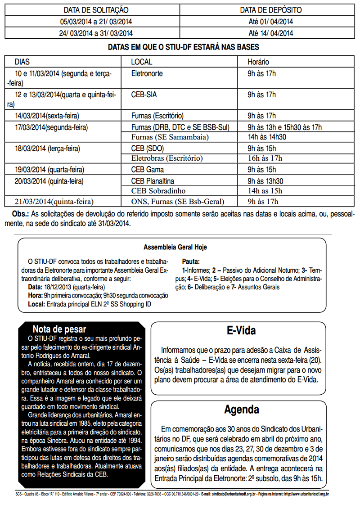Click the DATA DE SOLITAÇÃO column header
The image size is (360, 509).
[x=96, y=10]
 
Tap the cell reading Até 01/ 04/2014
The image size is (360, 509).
[x=271, y=22]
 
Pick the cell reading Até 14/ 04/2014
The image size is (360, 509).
[x=271, y=33]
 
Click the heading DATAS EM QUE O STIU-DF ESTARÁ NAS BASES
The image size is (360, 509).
[x=184, y=47]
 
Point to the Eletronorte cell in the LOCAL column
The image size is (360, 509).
[x=147, y=73]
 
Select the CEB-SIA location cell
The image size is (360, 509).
[x=144, y=95]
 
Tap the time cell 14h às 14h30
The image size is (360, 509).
[x=267, y=137]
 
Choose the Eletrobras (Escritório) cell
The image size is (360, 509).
[x=167, y=158]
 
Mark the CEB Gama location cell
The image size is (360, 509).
[x=148, y=170]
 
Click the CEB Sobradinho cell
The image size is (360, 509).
[x=158, y=191]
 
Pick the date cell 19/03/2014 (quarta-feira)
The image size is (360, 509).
[x=49, y=170]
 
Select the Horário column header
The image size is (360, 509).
[x=258, y=62]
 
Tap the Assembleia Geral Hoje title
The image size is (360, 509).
[x=175, y=248]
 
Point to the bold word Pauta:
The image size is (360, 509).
[x=191, y=261]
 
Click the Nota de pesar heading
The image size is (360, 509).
[x=59, y=329]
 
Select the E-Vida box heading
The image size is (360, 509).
[x=241, y=331]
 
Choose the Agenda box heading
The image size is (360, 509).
[x=242, y=410]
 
